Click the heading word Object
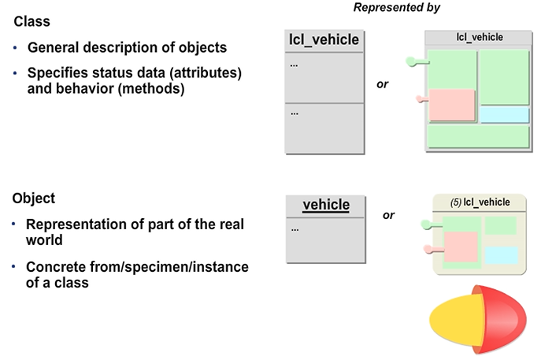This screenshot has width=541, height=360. click(33, 199)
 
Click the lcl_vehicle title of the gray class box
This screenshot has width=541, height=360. click(324, 39)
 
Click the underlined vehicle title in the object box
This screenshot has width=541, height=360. click(326, 205)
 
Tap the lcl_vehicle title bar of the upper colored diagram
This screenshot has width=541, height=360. click(479, 37)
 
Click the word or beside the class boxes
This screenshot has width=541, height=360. click(383, 84)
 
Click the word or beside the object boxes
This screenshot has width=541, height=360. click(388, 214)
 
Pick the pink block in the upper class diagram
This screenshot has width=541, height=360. click(451, 104)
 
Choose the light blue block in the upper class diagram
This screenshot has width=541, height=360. click(504, 115)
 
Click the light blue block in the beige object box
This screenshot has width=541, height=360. click(501, 255)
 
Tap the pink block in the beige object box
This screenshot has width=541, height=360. click(461, 246)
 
